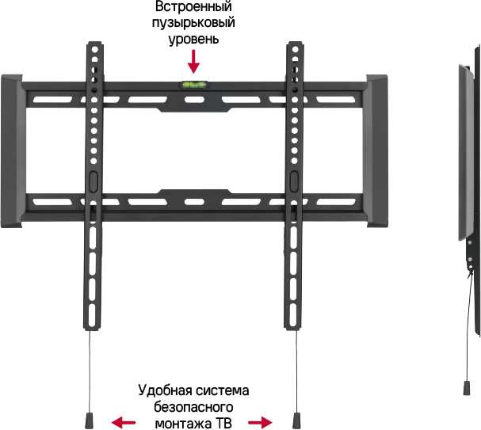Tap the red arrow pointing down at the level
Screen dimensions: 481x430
[193, 62]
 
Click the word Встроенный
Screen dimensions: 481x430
[193, 7]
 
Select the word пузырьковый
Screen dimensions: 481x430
[193, 23]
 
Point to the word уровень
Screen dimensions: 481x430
[193, 40]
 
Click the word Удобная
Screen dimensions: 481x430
[164, 390]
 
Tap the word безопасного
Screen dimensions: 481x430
[193, 407]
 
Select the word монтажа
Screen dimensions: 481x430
[183, 424]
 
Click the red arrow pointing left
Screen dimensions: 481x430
[124, 423]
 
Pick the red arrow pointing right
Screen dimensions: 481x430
[260, 423]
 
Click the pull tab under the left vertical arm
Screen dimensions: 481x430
[89, 420]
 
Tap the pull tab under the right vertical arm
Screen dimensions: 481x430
[296, 420]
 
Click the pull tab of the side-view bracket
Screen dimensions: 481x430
[467, 388]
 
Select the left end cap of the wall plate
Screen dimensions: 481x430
[12, 151]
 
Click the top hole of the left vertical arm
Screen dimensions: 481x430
[95, 49]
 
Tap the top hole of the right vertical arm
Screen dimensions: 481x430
[295, 49]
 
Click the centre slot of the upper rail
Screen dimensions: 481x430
[194, 100]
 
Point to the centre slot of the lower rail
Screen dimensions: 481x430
[194, 202]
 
